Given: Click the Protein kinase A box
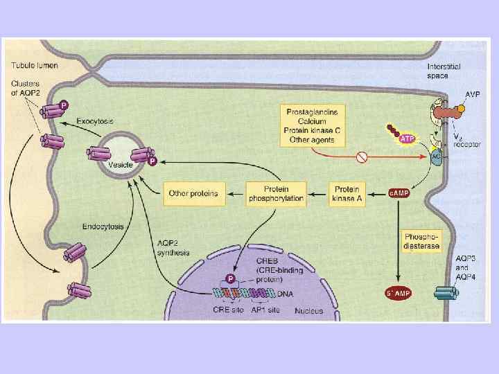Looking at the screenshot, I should (x=347, y=193).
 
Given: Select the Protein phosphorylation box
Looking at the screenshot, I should (x=276, y=193).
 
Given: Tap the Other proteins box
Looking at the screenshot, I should (x=193, y=193).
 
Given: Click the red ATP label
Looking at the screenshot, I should (x=408, y=139).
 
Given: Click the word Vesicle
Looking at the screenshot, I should (x=120, y=165).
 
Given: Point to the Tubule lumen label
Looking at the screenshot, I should (x=34, y=66).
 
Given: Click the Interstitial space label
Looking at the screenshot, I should (x=444, y=71).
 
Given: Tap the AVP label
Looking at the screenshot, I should (x=473, y=94).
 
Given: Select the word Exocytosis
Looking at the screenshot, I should (x=96, y=121).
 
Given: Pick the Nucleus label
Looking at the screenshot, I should (x=308, y=311).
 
